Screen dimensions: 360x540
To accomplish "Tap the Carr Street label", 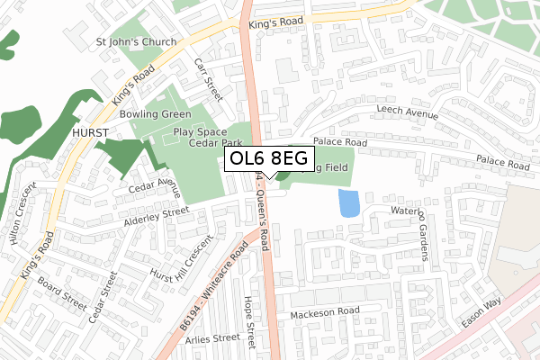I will point(208,78).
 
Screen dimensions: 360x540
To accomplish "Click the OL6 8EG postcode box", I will point(269,159).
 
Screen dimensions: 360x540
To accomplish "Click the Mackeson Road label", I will point(325,313).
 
